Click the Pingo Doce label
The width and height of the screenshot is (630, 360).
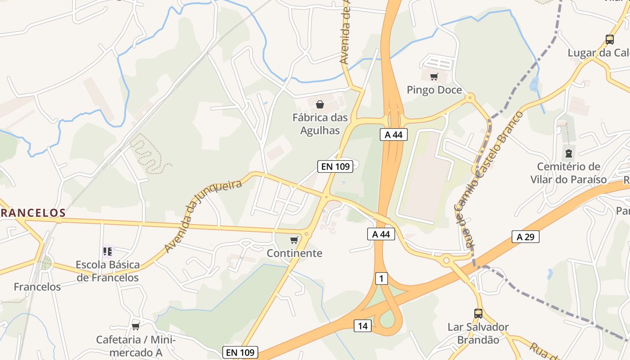coord(434,90)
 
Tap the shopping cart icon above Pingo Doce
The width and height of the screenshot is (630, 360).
coord(434,77)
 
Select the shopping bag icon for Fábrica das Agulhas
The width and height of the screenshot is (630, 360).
coord(319,105)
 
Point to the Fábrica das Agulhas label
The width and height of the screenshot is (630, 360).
coord(320,124)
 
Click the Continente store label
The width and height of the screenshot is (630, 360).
coord(294,253)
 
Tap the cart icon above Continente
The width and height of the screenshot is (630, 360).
coord(294,240)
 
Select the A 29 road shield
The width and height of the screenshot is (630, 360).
coord(525,237)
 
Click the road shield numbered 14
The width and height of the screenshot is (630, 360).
coord(362,326)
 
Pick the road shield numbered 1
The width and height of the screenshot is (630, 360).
coord(381,279)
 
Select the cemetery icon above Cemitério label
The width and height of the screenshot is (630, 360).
coord(569,153)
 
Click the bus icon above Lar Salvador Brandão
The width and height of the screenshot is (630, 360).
coord(478,314)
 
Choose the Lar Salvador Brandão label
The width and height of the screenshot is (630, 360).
coord(478,333)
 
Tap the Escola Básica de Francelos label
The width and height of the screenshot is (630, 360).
coord(108,271)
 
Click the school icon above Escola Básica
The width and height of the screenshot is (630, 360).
coord(108,251)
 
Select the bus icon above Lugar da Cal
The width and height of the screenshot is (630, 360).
coord(610,40)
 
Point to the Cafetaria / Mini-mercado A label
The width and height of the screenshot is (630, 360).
coord(135,346)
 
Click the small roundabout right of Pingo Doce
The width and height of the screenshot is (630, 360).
coord(470,97)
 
